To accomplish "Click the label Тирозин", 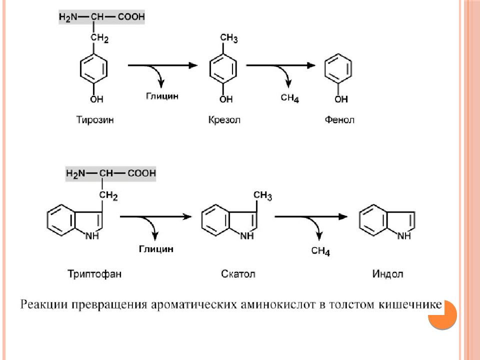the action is coord(95,119).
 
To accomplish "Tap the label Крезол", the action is coord(224,119).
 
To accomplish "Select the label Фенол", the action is coord(339,119).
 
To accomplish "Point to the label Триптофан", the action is coord(94,273).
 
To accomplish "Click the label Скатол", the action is coord(238,273).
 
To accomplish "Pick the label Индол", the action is coord(387,273).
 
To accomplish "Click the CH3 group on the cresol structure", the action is coord(228,38).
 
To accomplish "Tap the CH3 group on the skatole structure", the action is coord(262,195).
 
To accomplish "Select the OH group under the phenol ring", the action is coord(341,99).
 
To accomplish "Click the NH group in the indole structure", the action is coord(404,235).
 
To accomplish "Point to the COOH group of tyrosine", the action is coord(131,17).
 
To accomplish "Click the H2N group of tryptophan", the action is coord(75,174).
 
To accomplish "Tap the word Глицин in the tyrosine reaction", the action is coord(162,96).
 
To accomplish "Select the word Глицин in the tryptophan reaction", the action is coord(156,249).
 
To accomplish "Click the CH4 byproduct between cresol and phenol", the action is coord(289,98).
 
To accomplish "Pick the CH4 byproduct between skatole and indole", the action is coord(320,251).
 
